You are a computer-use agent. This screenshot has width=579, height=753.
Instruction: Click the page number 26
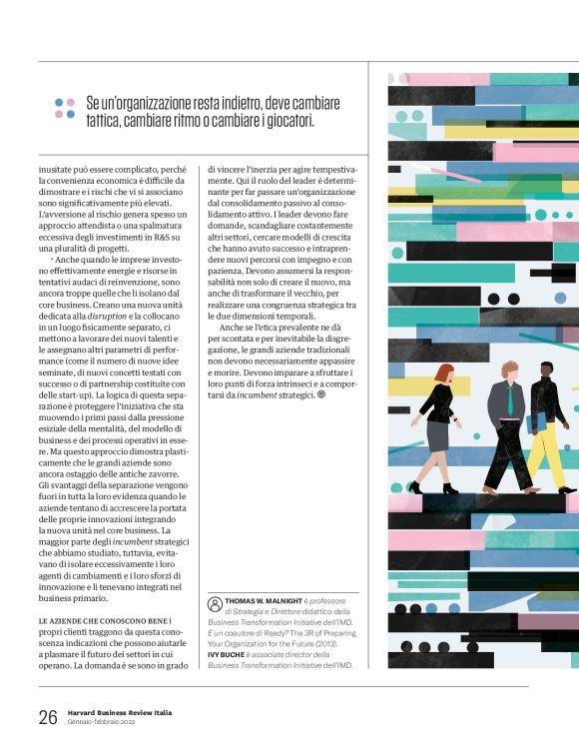(x=47, y=716)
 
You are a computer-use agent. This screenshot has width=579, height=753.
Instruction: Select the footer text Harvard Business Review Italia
(x=121, y=712)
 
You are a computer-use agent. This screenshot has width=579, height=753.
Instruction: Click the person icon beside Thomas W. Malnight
(x=215, y=602)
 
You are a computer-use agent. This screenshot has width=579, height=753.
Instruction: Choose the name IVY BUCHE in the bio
(x=230, y=654)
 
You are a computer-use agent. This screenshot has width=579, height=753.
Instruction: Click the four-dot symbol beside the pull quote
(x=65, y=109)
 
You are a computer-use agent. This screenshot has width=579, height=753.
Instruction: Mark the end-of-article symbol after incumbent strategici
(x=321, y=395)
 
